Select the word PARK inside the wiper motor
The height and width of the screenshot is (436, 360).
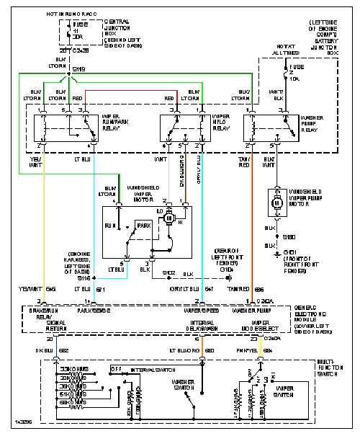tap(146, 226)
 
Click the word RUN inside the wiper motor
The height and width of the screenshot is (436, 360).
tap(112, 226)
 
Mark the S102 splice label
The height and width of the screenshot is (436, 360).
tap(168, 273)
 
